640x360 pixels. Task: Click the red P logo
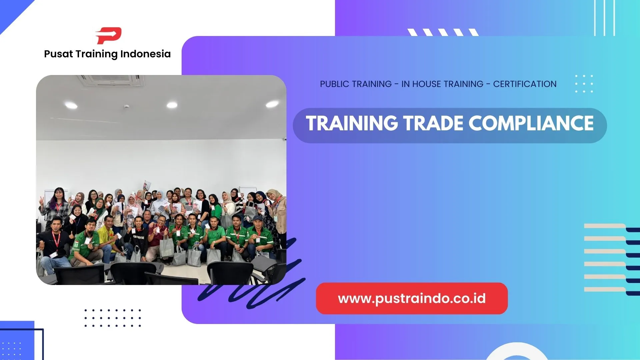[x=109, y=35]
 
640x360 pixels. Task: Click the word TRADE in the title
[x=433, y=124]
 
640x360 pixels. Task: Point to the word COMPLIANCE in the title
[x=531, y=124]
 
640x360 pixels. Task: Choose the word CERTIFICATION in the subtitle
[x=525, y=84]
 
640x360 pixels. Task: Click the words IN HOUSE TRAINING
[x=442, y=84]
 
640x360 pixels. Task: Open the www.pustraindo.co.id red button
[x=412, y=298]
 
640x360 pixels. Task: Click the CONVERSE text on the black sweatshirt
[x=138, y=237]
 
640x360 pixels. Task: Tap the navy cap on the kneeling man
[x=257, y=218]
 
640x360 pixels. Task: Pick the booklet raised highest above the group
[x=147, y=184]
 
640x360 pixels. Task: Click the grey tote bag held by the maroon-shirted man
[x=166, y=247]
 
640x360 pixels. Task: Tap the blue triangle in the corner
[x=12, y=12]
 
